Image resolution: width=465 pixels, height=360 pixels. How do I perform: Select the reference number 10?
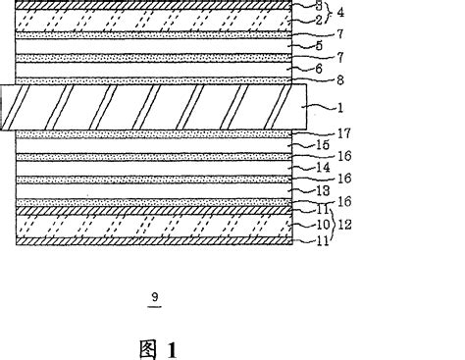pos(319,224)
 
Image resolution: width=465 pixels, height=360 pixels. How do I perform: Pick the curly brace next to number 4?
pos(327,13)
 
